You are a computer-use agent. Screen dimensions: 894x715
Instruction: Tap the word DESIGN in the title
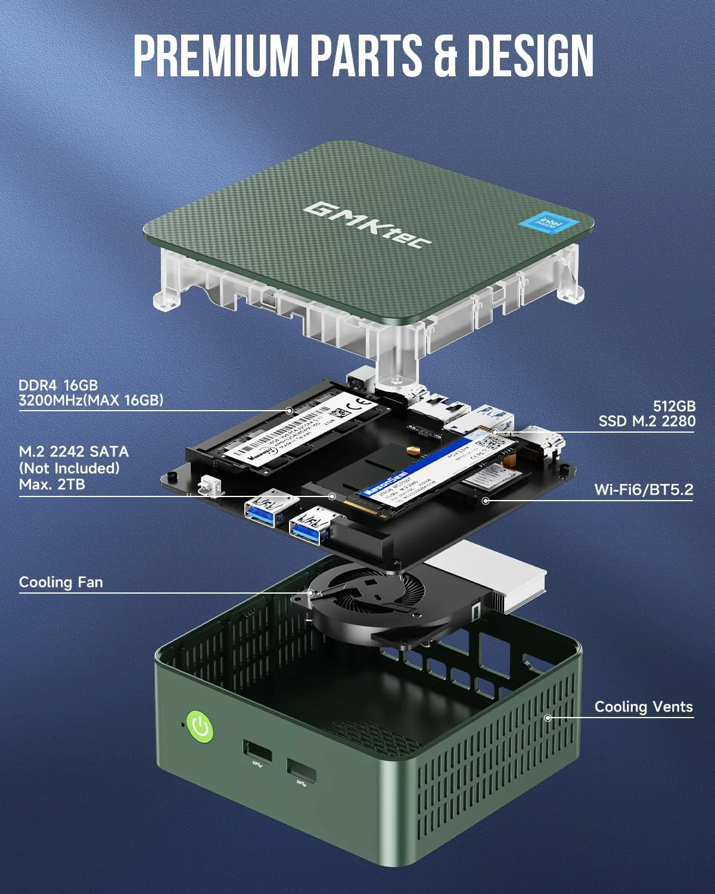pos(530,55)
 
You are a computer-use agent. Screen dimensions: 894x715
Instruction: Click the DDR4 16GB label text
pos(58,385)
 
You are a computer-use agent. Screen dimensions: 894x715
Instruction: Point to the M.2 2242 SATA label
pos(73,452)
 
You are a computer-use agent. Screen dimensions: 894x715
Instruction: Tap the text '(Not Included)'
pos(69,468)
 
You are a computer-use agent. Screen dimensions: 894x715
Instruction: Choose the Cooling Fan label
pos(61,582)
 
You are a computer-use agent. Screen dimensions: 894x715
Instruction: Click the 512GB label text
pos(674,406)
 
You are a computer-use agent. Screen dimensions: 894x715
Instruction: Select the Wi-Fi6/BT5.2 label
pos(643,490)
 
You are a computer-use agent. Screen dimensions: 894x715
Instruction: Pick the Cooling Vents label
pos(643,707)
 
